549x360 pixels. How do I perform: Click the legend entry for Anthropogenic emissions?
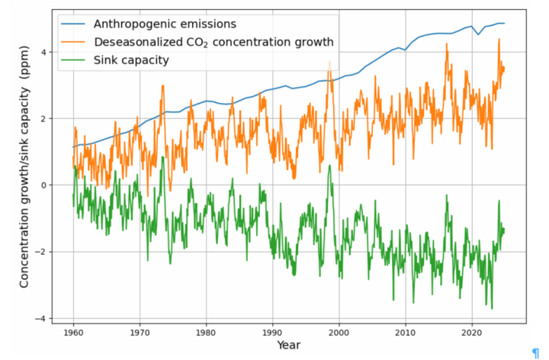161,24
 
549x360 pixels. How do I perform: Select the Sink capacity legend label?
130,59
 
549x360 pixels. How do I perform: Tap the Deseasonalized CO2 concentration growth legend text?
213,41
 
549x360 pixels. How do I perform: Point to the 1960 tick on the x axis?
73,333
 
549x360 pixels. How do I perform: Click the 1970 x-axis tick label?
140,333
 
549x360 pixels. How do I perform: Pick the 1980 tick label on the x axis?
206,333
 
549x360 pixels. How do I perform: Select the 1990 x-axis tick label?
272,333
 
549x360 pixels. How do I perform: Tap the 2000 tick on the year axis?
339,333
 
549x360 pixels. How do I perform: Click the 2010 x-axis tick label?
405,333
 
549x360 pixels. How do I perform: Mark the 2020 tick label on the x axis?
472,333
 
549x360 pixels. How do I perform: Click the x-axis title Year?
288,346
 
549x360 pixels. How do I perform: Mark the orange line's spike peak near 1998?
329,61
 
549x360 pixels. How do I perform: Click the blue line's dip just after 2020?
478,34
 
